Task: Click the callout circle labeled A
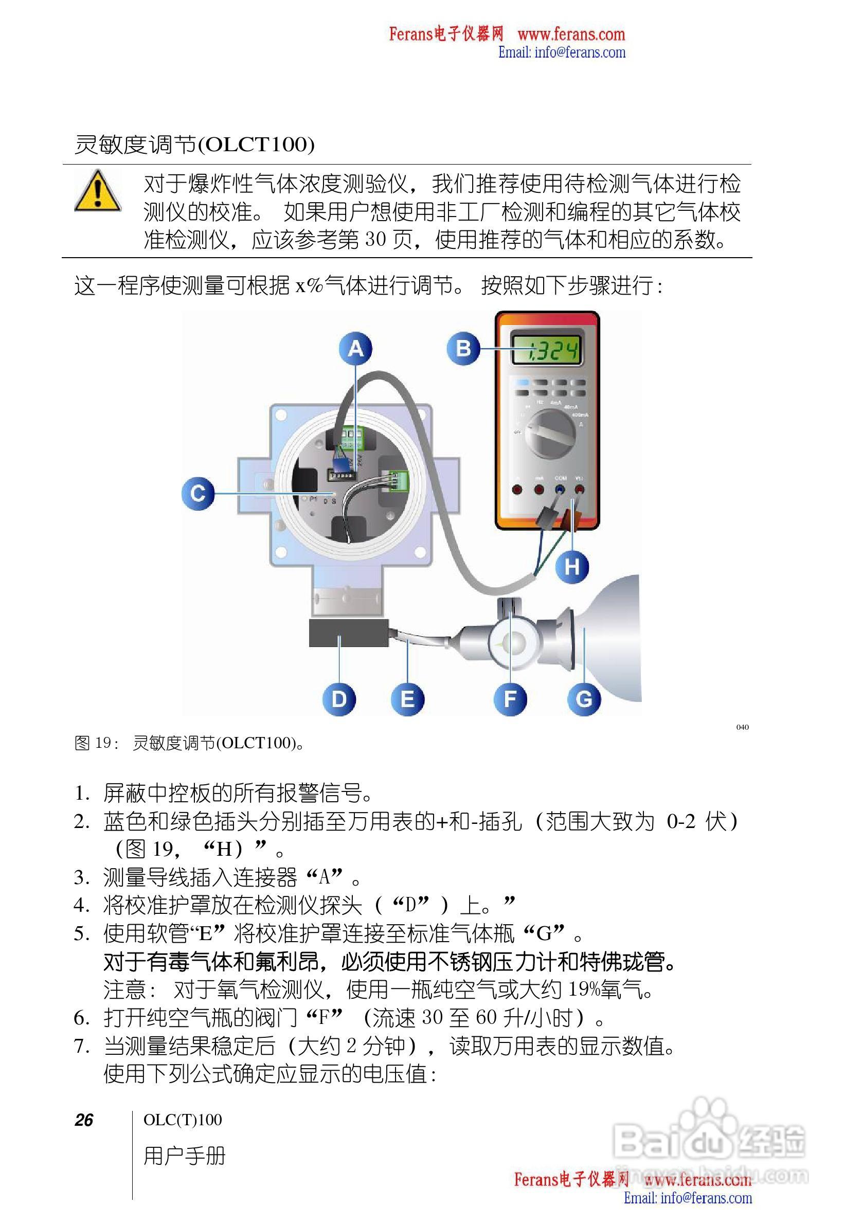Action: tap(355, 349)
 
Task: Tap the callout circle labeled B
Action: tap(463, 349)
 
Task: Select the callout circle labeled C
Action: tap(198, 493)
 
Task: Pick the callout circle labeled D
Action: tap(339, 699)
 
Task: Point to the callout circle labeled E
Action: tap(407, 699)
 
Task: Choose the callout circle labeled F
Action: tap(510, 699)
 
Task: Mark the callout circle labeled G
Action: tap(584, 699)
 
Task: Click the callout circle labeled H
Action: tap(572, 566)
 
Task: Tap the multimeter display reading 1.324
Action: tap(546, 351)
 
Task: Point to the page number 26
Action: tap(84, 1120)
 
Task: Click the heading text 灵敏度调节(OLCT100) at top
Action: tap(194, 145)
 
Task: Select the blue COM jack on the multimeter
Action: tap(560, 490)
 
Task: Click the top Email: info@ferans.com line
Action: tap(561, 52)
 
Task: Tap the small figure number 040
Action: tap(742, 727)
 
